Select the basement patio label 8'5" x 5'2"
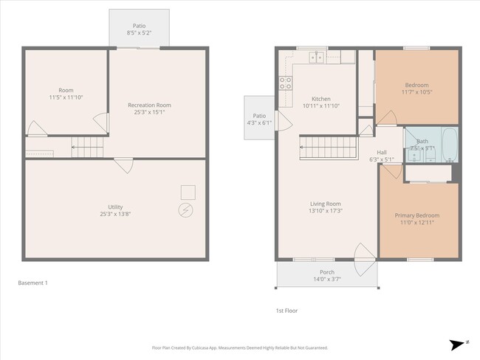click(x=139, y=33)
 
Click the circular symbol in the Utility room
click(x=186, y=210)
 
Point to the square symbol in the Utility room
click(x=188, y=192)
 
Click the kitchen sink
click(x=318, y=57)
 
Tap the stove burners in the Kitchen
click(x=284, y=84)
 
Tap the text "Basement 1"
click(x=33, y=283)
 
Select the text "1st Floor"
click(x=286, y=311)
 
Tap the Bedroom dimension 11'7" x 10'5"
click(x=417, y=91)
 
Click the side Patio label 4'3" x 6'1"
click(x=259, y=119)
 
